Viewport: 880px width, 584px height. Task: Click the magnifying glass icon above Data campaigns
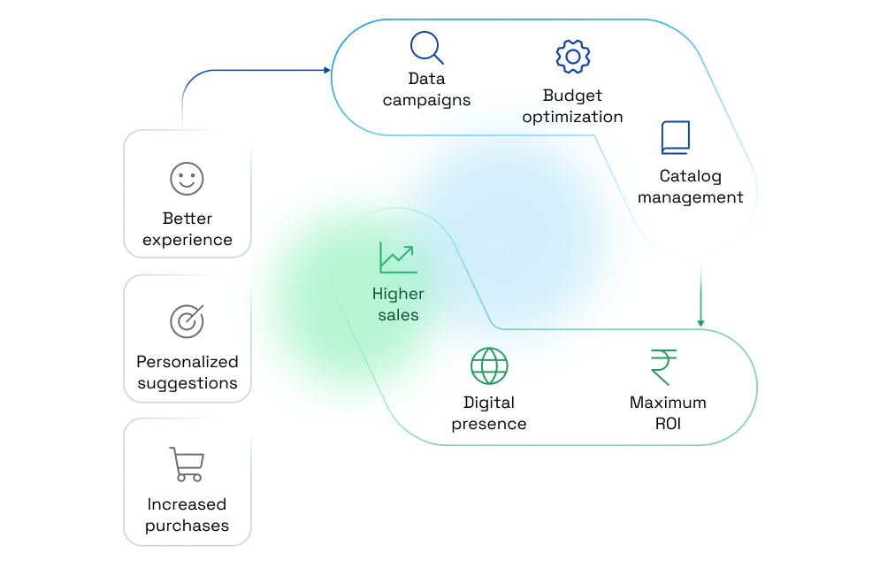pos(426,48)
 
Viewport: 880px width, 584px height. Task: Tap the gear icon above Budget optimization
pos(572,58)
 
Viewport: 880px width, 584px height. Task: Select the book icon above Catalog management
pos(676,138)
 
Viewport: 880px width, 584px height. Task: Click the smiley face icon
pos(187,179)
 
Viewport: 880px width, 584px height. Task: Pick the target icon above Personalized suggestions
pos(187,321)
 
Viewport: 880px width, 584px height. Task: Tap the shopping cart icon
pos(187,465)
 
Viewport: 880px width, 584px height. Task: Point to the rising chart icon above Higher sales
pos(398,257)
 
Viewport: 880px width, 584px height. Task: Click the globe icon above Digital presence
pos(489,365)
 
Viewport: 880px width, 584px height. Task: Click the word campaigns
pos(426,100)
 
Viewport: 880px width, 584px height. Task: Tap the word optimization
pos(572,117)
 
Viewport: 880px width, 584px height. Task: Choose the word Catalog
pos(690,176)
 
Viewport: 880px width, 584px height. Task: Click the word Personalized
pos(187,362)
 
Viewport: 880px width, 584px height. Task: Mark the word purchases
pos(187,526)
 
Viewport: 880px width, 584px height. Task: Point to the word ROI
pos(668,424)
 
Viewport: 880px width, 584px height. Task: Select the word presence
pos(489,424)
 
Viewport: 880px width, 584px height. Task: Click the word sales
pos(398,315)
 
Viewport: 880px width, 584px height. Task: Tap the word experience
pos(187,240)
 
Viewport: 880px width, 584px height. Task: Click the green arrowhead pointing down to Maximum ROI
pos(700,323)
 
